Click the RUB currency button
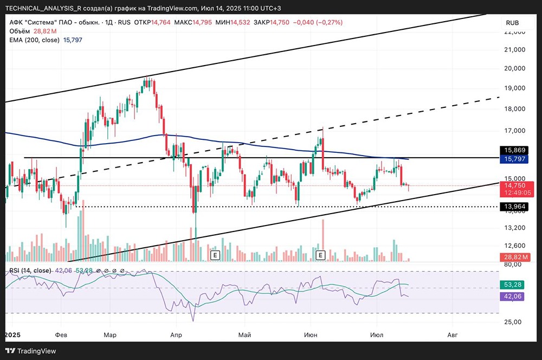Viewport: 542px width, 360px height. pyautogui.click(x=512, y=23)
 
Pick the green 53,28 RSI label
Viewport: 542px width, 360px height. pyautogui.click(x=513, y=285)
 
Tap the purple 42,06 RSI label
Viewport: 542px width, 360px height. pyautogui.click(x=513, y=297)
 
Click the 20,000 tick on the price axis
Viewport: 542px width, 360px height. pyautogui.click(x=515, y=68)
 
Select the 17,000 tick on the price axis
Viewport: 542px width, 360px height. pyautogui.click(x=515, y=131)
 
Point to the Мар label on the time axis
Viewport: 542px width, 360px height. pyautogui.click(x=110, y=335)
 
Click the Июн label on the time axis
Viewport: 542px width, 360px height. pyautogui.click(x=310, y=335)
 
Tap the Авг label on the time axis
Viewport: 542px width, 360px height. pyautogui.click(x=453, y=335)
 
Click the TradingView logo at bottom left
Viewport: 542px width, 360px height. pyautogui.click(x=31, y=351)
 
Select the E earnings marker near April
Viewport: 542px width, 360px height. pyautogui.click(x=215, y=254)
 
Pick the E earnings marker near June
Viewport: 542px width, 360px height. pyautogui.click(x=320, y=254)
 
